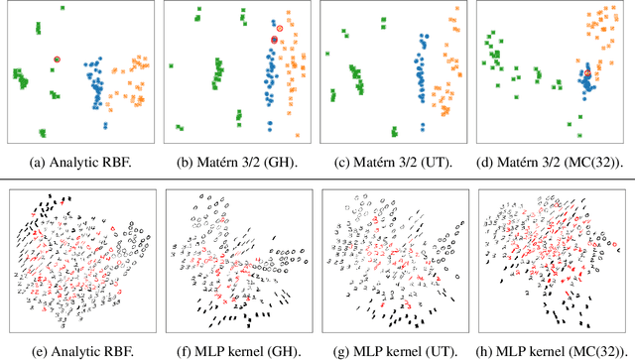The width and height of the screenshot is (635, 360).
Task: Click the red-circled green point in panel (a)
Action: coord(58,60)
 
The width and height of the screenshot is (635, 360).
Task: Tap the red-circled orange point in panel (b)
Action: coord(280,29)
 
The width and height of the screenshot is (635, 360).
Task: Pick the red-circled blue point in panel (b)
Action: coord(274,40)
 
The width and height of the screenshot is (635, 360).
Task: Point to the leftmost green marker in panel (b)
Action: coord(171,65)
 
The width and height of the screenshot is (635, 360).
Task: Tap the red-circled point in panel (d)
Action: coord(587,73)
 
